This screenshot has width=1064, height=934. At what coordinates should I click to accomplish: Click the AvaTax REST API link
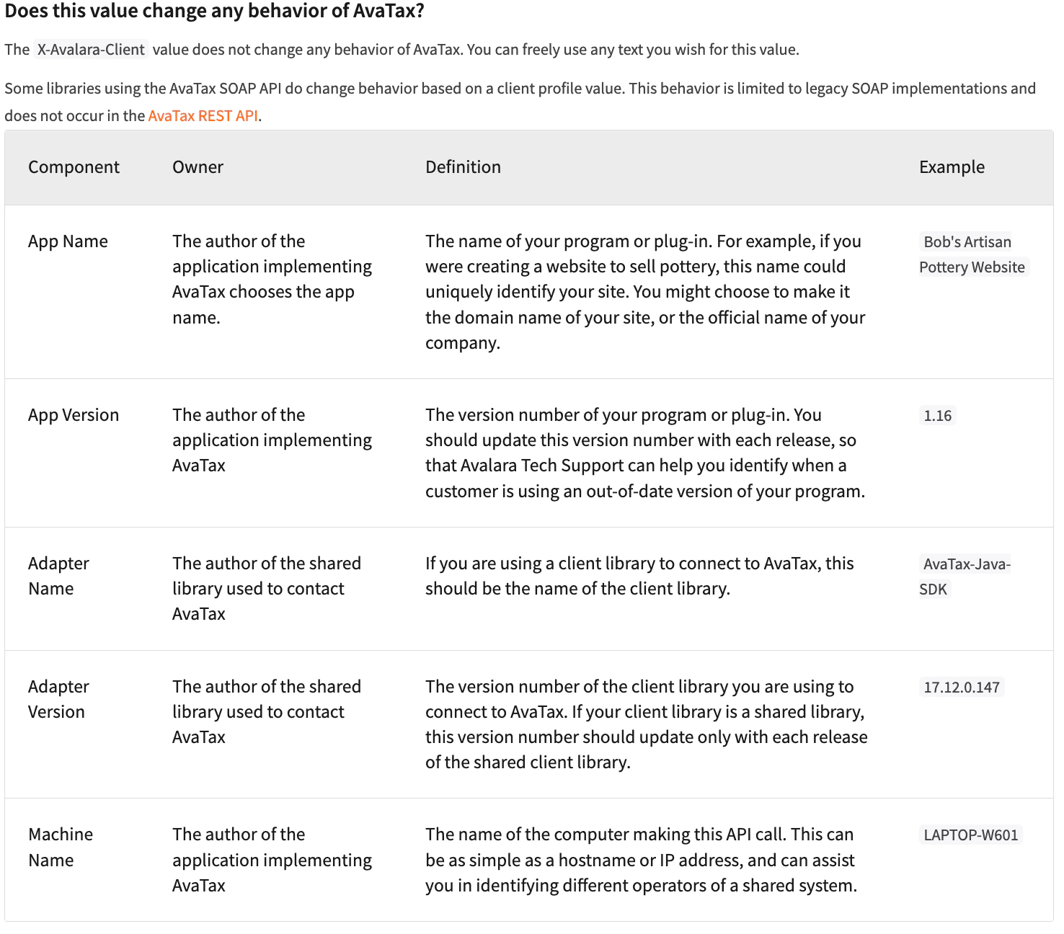click(x=203, y=116)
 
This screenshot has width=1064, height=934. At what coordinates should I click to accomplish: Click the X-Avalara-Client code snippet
click(x=91, y=50)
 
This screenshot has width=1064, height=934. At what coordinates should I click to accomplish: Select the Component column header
click(x=74, y=167)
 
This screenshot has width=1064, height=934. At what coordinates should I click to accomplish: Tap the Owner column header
click(x=198, y=167)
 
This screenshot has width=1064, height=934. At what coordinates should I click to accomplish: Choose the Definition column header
click(x=463, y=167)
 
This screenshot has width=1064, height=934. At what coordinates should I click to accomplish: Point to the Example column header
click(x=952, y=167)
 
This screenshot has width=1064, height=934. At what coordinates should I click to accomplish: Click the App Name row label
click(x=68, y=241)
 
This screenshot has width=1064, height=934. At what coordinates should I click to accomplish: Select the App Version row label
click(x=74, y=415)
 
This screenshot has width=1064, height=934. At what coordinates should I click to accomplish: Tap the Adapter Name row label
click(x=58, y=576)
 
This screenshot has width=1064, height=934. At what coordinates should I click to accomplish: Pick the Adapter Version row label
click(x=58, y=699)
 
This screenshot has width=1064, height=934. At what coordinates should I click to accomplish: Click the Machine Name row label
click(x=61, y=847)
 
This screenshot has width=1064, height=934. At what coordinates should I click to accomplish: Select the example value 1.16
click(x=937, y=416)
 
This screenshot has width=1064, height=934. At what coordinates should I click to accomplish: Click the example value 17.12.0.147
click(x=962, y=688)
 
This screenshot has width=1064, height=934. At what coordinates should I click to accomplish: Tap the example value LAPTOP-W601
click(x=970, y=835)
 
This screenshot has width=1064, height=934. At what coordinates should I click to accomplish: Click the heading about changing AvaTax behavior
click(x=214, y=12)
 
